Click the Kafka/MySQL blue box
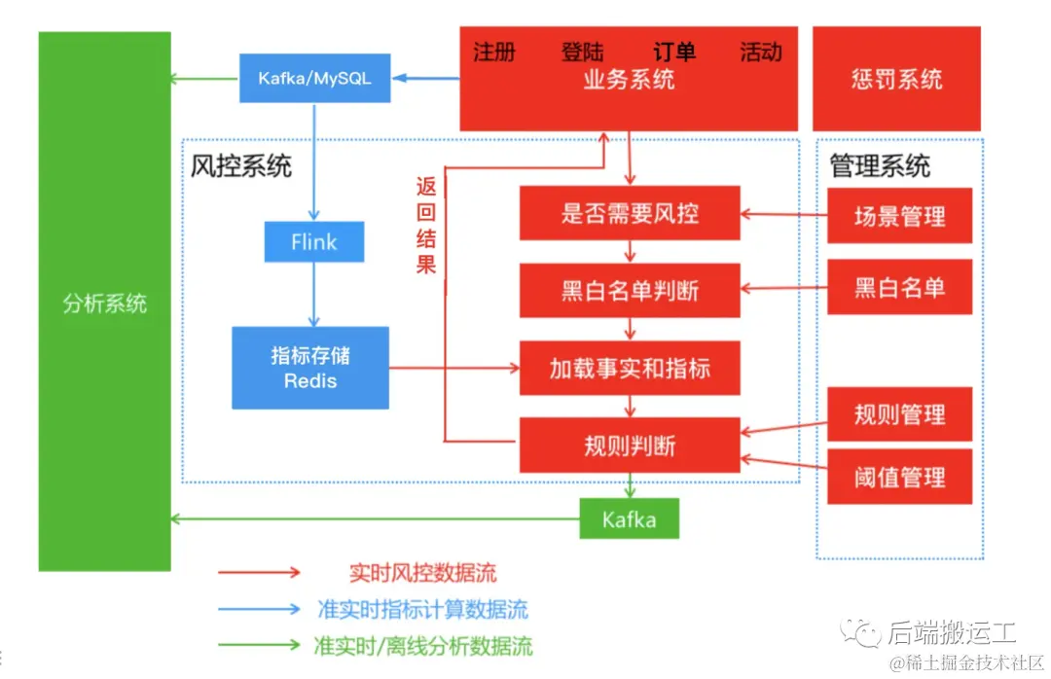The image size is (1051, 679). click(x=314, y=79)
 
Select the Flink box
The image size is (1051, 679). click(x=313, y=242)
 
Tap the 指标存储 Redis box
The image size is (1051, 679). click(x=310, y=368)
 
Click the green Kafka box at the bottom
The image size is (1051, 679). click(x=629, y=518)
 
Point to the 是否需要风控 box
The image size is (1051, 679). click(x=629, y=213)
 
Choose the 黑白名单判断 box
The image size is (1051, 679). click(x=629, y=290)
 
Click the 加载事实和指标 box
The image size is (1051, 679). click(x=629, y=368)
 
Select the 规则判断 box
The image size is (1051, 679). click(x=629, y=446)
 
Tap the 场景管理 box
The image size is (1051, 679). click(x=899, y=216)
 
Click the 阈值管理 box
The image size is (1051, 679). click(x=899, y=477)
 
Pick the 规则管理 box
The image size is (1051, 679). click(x=899, y=414)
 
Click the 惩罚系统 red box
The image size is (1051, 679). click(x=896, y=79)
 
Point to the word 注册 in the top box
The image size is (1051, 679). click(x=494, y=53)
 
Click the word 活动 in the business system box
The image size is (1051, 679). click(x=760, y=53)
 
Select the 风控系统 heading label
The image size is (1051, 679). click(x=241, y=165)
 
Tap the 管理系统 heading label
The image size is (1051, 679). click(x=879, y=165)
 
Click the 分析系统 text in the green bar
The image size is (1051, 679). click(x=104, y=304)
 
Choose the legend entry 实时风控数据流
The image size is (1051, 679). click(x=422, y=573)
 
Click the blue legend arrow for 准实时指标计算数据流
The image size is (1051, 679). click(x=259, y=610)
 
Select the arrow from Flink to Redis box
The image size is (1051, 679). click(x=313, y=294)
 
